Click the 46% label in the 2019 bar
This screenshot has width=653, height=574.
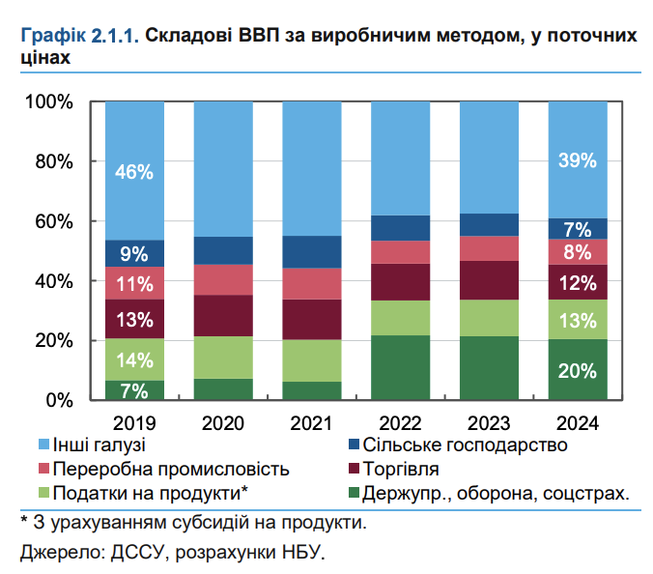[x=134, y=172]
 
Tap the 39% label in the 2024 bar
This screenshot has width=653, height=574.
[x=577, y=161]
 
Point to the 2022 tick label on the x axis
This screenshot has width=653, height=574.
[x=400, y=422]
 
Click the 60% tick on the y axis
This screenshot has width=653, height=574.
[x=48, y=221]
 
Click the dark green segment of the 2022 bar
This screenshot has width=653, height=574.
[x=400, y=367]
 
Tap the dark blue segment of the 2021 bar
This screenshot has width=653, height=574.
[x=311, y=251]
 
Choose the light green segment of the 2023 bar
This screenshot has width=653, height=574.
[x=489, y=318]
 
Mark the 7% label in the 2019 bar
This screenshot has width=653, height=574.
[x=134, y=390]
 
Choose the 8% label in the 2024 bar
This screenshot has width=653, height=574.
[x=577, y=252]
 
